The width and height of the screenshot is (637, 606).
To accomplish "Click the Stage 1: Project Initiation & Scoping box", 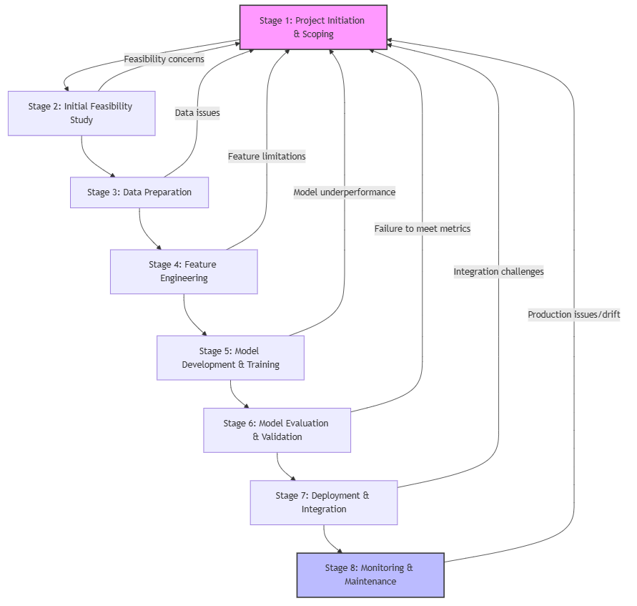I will [x=312, y=27].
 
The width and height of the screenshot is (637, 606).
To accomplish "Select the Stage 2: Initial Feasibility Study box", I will [x=82, y=113].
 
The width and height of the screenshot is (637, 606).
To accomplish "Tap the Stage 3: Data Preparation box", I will [x=139, y=192].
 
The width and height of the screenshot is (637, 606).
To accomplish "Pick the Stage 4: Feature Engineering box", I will [x=184, y=271].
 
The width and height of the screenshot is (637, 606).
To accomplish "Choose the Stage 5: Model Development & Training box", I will [x=230, y=358].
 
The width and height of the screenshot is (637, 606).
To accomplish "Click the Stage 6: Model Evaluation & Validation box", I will [x=277, y=430].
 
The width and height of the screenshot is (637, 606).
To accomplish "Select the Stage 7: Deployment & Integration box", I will [x=323, y=502].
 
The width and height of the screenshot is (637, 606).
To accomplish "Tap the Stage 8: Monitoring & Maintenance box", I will [x=370, y=575].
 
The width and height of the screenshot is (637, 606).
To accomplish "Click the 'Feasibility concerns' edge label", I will [x=164, y=59].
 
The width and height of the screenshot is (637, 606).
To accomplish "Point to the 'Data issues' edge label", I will [x=197, y=112].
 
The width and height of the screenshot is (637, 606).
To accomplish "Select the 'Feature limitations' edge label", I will [x=267, y=156].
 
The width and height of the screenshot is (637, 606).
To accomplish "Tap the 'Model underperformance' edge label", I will [x=344, y=192].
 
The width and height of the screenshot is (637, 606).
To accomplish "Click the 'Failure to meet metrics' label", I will [x=422, y=229].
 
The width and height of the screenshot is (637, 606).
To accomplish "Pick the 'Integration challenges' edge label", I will [x=498, y=272].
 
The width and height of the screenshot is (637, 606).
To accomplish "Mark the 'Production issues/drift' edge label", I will [x=573, y=315].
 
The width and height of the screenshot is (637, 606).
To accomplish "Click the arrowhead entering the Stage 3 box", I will [x=112, y=174].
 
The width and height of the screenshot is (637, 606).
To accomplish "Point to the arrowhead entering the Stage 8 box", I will [x=340, y=549].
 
